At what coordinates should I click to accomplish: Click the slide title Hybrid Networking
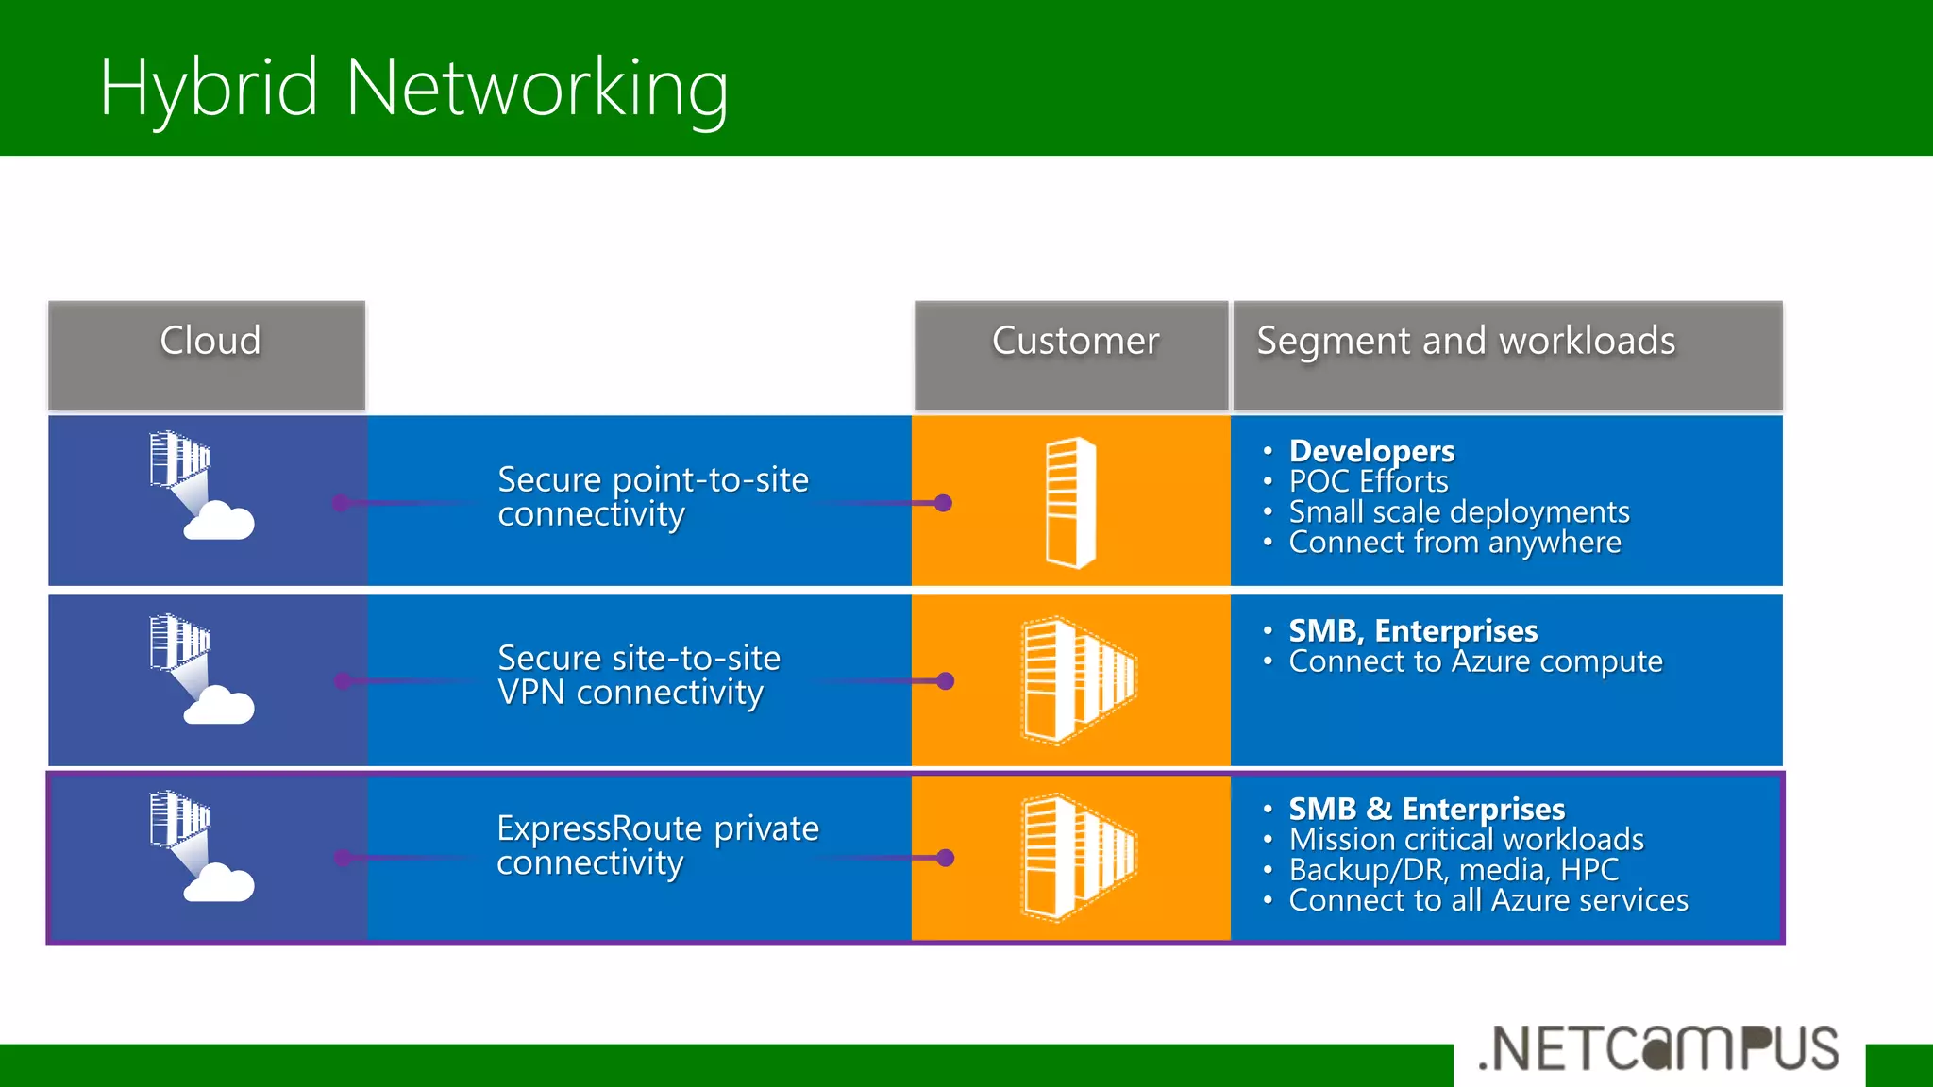413,88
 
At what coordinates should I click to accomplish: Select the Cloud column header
209,342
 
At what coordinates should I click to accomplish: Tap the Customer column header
1074,342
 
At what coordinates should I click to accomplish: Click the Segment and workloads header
1465,342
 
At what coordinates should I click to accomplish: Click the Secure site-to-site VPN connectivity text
638,676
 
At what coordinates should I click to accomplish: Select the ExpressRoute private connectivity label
657,845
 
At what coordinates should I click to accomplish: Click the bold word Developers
1370,451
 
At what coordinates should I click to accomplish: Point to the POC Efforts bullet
1368,481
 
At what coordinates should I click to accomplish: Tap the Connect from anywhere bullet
1454,543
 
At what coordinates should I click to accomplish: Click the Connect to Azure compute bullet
1474,661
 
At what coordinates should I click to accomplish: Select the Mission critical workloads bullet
1466,839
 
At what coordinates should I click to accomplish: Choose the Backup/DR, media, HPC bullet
1453,869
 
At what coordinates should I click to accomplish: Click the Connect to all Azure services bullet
1488,900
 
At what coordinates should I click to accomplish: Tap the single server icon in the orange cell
1070,502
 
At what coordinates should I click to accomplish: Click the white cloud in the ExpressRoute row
219,884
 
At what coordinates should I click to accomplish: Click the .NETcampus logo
1658,1049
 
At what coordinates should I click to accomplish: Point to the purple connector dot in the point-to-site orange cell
943,503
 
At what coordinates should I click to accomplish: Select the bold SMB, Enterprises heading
1412,630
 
